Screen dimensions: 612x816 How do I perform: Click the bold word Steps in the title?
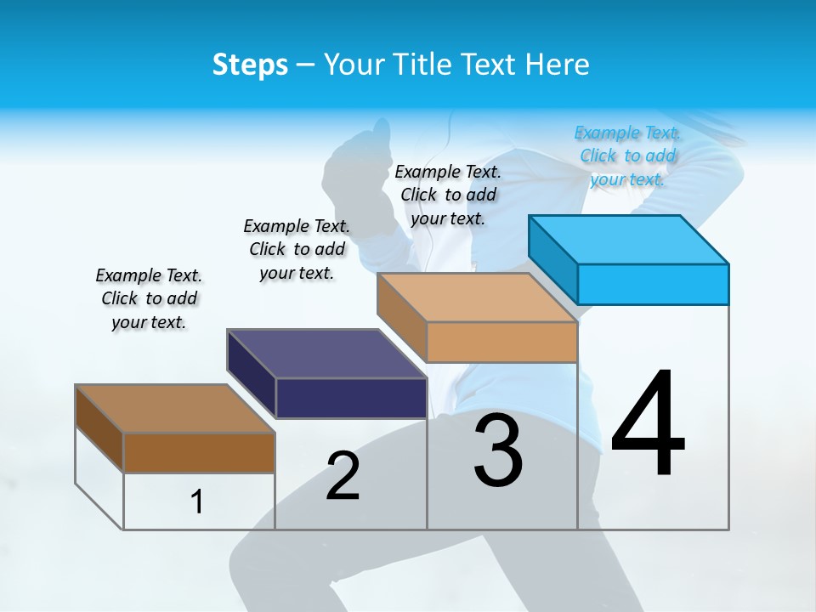[250, 65]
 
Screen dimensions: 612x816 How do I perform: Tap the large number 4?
[648, 425]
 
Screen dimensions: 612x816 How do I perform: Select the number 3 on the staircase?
[498, 450]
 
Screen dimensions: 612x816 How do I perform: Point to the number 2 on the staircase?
[343, 476]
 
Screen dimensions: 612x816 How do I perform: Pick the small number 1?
[197, 502]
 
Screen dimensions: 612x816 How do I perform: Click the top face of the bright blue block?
[629, 240]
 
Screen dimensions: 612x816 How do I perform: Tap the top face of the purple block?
[327, 354]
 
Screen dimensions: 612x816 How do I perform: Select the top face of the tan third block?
[478, 297]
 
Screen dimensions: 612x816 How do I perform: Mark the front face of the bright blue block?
[653, 284]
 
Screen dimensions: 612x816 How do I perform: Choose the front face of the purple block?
[351, 398]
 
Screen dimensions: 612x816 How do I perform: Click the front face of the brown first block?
[199, 453]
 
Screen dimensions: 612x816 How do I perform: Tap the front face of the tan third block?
[501, 342]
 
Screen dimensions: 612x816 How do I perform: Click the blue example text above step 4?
[628, 156]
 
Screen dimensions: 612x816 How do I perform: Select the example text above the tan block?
[448, 195]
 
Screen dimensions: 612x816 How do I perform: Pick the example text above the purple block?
[297, 249]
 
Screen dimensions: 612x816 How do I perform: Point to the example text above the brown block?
[149, 298]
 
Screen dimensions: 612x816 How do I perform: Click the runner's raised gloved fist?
[357, 161]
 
